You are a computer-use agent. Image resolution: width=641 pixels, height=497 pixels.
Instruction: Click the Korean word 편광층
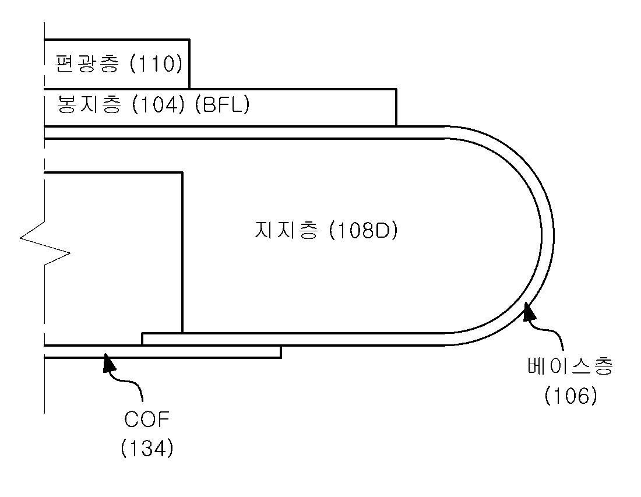[x=87, y=64]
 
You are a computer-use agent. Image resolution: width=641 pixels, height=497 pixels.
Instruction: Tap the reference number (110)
[x=156, y=64]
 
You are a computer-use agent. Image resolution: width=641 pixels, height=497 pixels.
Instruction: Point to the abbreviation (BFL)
[x=221, y=105]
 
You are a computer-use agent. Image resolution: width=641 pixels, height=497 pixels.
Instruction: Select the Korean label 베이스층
[x=569, y=368]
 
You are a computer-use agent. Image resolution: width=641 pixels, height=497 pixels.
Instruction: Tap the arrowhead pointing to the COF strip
[x=108, y=362]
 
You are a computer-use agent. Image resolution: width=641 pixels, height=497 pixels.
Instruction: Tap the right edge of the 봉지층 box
[x=396, y=107]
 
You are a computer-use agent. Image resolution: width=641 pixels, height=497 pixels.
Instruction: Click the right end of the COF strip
[x=281, y=351]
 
